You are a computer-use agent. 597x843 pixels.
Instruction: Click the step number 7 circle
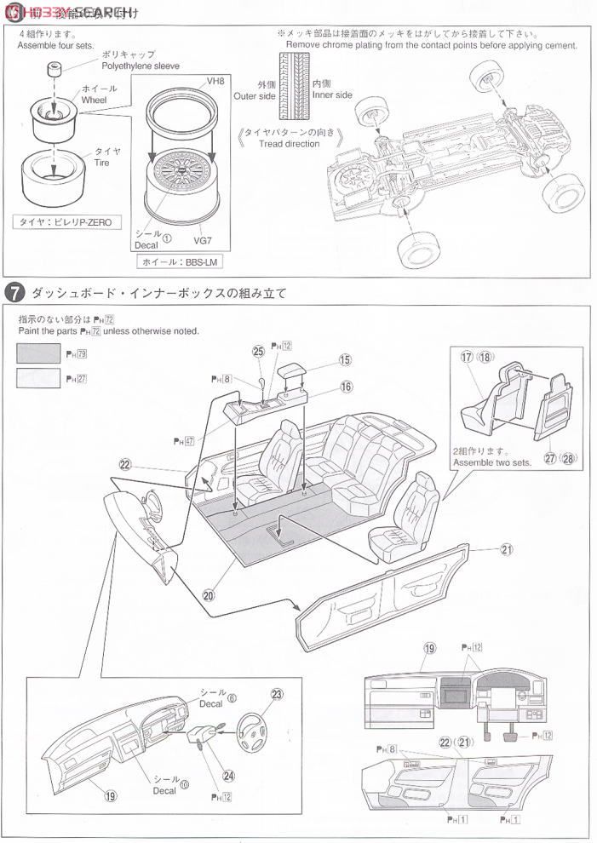coord(14,292)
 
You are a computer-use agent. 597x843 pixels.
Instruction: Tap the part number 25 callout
coord(258,350)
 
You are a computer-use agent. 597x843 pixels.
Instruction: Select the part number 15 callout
coord(345,360)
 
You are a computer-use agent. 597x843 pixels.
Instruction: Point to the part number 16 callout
coord(346,386)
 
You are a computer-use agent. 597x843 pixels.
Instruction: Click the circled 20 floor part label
coord(210,595)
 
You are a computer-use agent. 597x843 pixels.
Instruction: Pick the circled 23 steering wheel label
coord(276,693)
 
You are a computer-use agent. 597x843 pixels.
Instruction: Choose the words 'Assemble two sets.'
coord(491,462)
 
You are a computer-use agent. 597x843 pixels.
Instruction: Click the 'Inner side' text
coord(331,95)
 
